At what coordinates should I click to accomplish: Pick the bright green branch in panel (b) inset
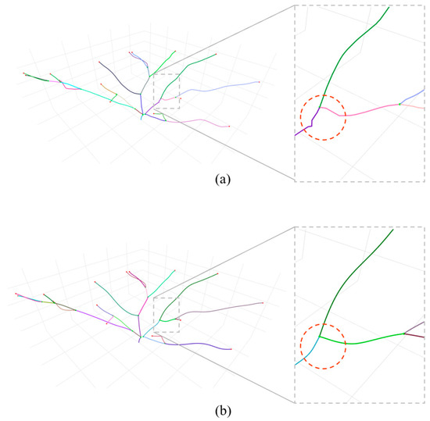pyautogui.click(x=367, y=341)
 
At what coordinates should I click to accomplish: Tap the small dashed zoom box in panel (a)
pyautogui.click(x=167, y=92)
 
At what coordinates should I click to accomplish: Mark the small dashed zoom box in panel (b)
pyautogui.click(x=167, y=315)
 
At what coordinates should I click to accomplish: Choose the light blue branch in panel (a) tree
pyautogui.click(x=219, y=89)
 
